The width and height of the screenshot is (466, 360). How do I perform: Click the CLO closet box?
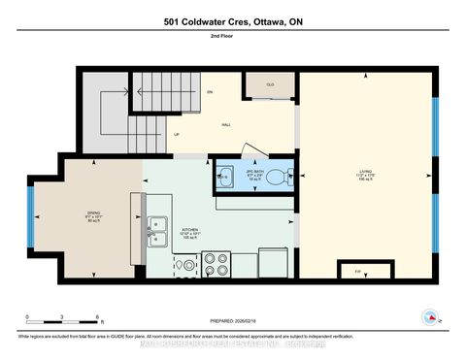(x=270, y=86)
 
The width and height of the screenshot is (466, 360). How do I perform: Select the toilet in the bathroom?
(x=278, y=177)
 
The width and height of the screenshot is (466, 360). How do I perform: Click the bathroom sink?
(x=225, y=177)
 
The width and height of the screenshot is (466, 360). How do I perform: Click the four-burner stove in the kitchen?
(x=215, y=264)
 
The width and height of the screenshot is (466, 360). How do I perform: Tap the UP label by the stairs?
(x=177, y=134)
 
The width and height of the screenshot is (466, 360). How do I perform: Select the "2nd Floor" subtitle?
(x=232, y=38)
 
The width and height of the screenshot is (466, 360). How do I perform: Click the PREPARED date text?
(x=233, y=322)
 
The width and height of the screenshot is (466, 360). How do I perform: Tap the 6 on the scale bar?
(x=98, y=317)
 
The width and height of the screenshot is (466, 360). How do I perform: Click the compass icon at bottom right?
(x=427, y=317)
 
